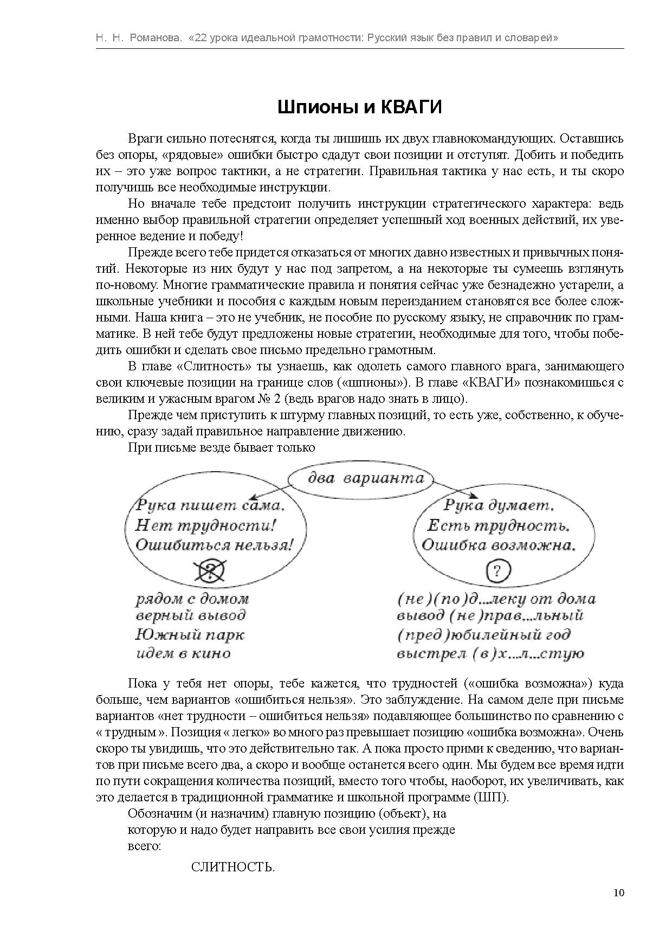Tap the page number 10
click(x=619, y=892)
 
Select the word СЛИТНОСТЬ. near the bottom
click(x=233, y=867)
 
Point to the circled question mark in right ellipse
click(x=499, y=570)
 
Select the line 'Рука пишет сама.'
click(x=210, y=505)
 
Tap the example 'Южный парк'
click(x=190, y=634)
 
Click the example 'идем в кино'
click(x=183, y=653)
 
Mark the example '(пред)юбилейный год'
click(x=483, y=634)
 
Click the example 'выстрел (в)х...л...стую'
click(x=490, y=653)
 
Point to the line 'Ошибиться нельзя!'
click(x=214, y=545)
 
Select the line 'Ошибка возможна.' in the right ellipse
click(x=497, y=545)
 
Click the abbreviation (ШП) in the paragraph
click(x=491, y=798)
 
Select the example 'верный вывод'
click(x=190, y=615)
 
